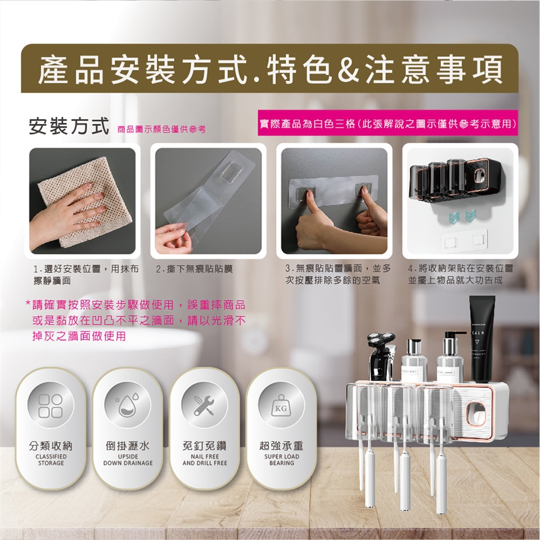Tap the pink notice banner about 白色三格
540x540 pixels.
tap(388, 123)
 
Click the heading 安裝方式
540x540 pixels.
tap(69, 126)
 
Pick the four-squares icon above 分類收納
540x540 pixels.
tap(51, 406)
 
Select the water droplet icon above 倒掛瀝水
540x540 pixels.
tap(127, 406)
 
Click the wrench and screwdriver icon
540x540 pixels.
tap(204, 406)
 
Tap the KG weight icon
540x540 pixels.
tap(281, 406)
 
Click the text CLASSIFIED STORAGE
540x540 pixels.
tap(51, 460)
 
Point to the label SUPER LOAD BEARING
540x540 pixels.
tap(282, 460)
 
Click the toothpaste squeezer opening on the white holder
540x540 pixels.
tap(476, 415)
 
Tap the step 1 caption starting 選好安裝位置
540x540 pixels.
tap(86, 274)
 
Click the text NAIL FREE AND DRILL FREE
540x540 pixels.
tap(205, 460)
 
